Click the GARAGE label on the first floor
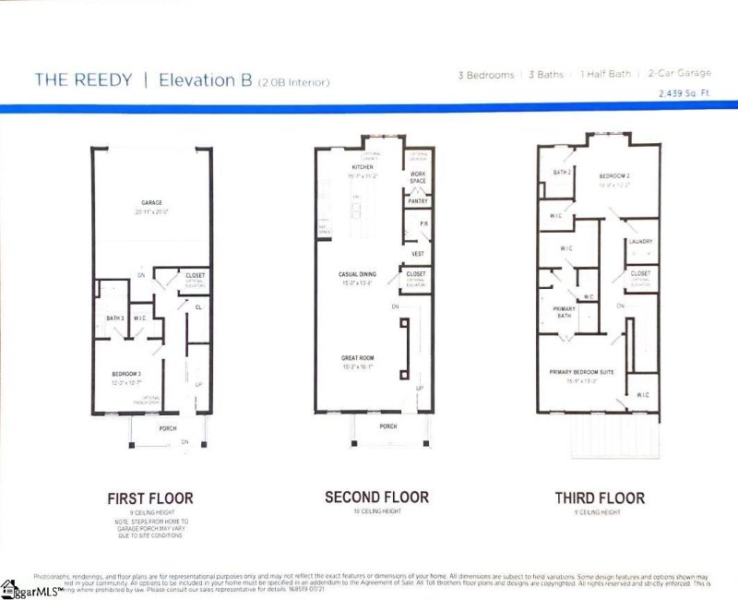(151, 202)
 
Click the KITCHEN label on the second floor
(363, 167)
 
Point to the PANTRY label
(417, 200)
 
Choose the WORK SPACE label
(418, 177)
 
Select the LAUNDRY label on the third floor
(640, 242)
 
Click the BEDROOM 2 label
(613, 175)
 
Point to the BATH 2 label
(561, 172)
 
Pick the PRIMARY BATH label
(564, 312)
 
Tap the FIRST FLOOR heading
(150, 498)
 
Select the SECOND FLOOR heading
(376, 497)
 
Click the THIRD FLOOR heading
(600, 498)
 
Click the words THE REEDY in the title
(83, 79)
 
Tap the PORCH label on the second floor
(388, 426)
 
